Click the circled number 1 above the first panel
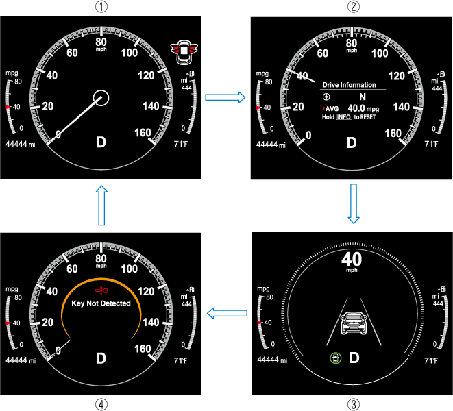[101, 7]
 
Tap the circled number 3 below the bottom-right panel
[354, 405]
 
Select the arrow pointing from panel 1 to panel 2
[225, 97]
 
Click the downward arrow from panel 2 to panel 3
[354, 203]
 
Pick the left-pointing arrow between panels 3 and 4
[227, 313]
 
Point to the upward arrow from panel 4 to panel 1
[101, 206]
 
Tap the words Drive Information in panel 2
[349, 85]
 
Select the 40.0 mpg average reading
[363, 108]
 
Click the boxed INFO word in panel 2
[344, 117]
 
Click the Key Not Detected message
[101, 303]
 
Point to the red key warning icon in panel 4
[101, 290]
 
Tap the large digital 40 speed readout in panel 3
[352, 259]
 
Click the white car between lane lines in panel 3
[354, 323]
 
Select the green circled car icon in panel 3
[335, 358]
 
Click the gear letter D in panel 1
[101, 142]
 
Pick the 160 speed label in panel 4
[143, 349]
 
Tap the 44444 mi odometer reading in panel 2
[271, 145]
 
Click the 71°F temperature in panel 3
[431, 360]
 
